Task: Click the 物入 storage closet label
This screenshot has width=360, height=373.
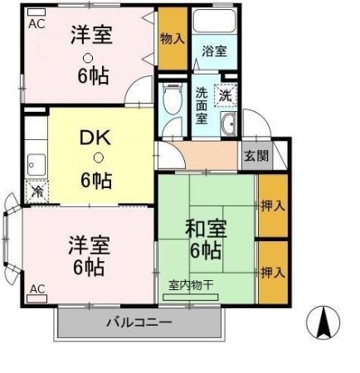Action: [x=173, y=38]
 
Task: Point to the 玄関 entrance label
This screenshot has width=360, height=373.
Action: [x=255, y=155]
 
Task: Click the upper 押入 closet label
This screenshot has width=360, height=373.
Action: [x=272, y=205]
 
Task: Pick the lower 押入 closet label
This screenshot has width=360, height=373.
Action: [x=272, y=272]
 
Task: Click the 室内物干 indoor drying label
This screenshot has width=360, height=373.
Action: [x=191, y=284]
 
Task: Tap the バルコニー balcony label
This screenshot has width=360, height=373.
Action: [x=139, y=322]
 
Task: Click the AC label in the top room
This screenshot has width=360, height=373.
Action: [x=37, y=24]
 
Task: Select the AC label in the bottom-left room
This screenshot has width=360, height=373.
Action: [x=38, y=288]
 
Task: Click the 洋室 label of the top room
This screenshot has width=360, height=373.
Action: [x=90, y=36]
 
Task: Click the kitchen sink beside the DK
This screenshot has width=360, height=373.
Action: [x=36, y=162]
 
